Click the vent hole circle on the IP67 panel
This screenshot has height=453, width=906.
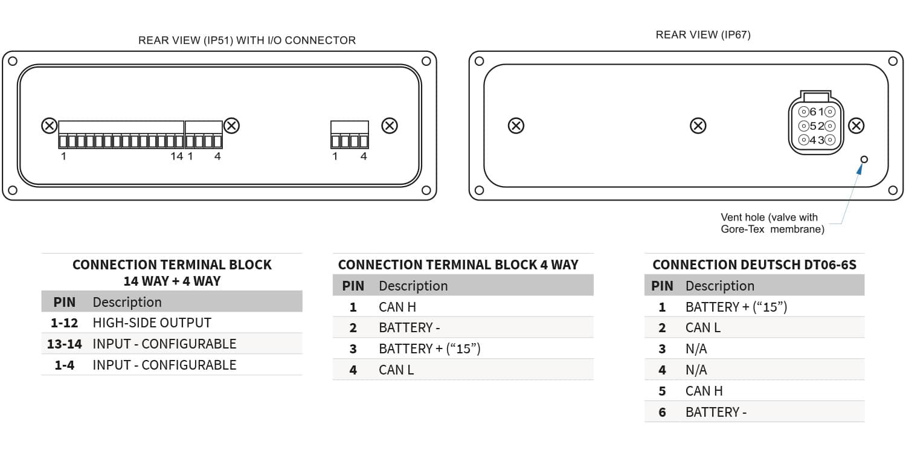click(864, 159)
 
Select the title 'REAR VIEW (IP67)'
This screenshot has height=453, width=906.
click(703, 35)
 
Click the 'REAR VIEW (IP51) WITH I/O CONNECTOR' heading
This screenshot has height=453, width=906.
click(246, 40)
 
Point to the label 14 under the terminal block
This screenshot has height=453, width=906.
click(177, 156)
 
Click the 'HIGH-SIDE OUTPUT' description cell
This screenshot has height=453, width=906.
click(152, 323)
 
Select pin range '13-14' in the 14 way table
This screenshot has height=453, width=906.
click(64, 344)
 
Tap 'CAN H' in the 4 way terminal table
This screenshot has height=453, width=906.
click(397, 307)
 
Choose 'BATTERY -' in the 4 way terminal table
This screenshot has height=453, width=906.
click(409, 327)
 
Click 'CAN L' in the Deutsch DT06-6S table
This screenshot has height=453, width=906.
click(702, 327)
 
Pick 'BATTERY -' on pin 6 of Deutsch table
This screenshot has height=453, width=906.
click(716, 412)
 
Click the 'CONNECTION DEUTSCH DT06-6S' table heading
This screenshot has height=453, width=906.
click(754, 265)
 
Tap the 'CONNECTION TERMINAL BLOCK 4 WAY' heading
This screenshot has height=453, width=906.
click(458, 265)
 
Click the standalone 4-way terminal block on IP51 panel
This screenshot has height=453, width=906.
click(350, 135)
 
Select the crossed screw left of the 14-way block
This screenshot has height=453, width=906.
click(50, 126)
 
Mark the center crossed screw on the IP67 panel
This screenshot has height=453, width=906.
click(698, 126)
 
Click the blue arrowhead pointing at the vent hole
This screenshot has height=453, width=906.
click(860, 169)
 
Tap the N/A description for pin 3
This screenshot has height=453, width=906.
click(696, 349)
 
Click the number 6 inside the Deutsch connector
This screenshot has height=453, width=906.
click(812, 112)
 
